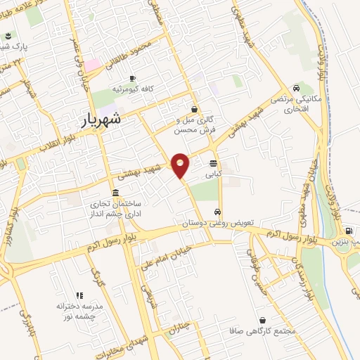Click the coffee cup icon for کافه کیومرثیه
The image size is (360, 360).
132,78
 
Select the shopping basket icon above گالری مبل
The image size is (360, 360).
194,109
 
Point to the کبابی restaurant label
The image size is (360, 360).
213,172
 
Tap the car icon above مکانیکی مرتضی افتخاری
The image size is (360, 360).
297,89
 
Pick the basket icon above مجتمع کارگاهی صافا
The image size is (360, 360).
262,319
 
